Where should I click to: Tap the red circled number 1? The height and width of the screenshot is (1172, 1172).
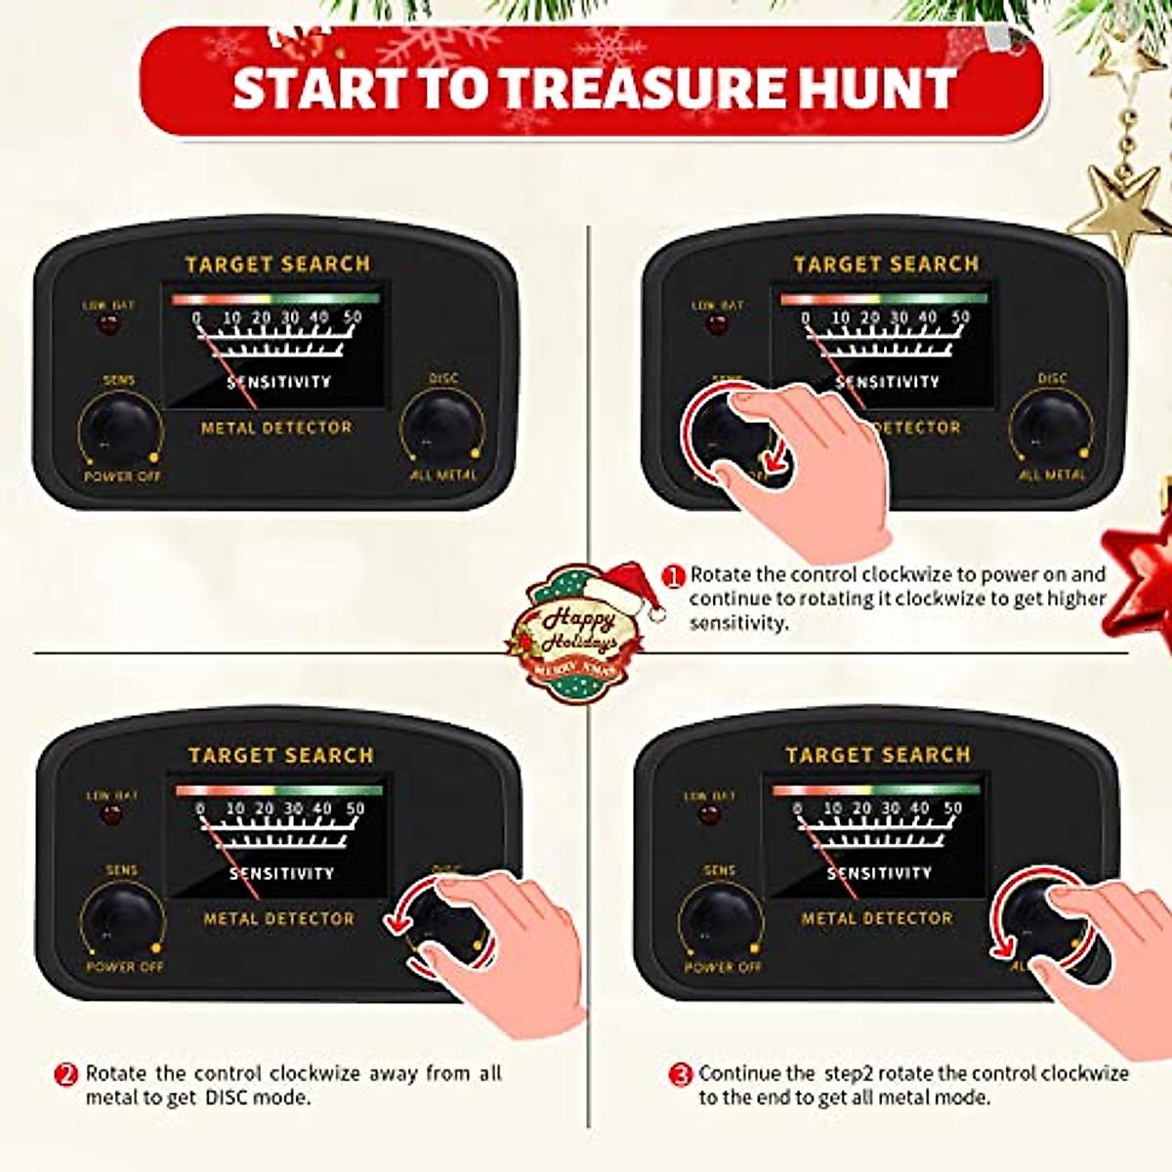point(674,576)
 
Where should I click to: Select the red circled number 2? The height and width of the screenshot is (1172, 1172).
point(65,1074)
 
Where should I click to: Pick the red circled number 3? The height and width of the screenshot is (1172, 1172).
point(681,1074)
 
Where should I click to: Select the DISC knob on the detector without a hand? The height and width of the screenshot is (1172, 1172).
point(442,430)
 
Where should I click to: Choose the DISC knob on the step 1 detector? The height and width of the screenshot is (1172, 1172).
point(1051,430)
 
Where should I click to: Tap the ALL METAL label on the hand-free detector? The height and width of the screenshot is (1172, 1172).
point(442,476)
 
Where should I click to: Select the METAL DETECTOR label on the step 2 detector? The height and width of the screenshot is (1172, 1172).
point(278,919)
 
